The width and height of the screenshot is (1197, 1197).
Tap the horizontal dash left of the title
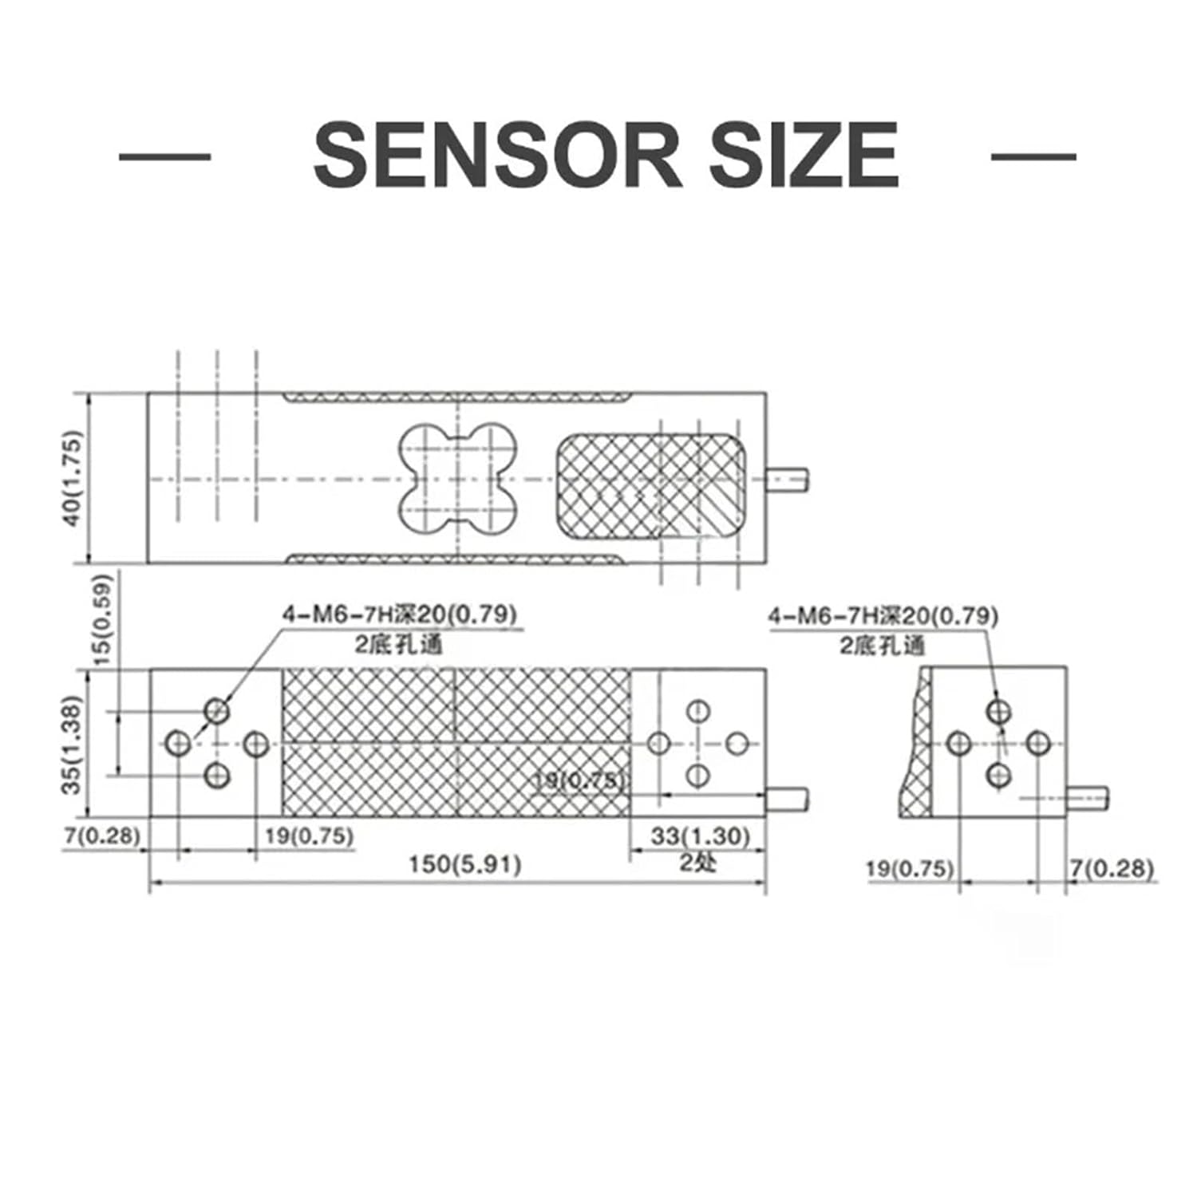(164, 156)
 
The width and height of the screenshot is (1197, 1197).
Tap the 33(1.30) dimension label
(701, 836)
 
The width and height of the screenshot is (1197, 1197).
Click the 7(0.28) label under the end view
(1112, 868)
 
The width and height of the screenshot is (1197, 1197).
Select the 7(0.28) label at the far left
(102, 836)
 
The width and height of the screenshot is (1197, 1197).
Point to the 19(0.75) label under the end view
(911, 868)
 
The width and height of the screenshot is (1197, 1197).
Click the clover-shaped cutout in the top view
(457, 479)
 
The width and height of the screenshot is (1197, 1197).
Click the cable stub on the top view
(788, 479)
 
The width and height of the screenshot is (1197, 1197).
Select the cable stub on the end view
(1087, 797)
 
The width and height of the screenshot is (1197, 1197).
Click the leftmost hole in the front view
(179, 744)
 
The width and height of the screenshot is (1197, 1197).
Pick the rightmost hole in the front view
(737, 744)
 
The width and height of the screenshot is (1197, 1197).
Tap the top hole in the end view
(998, 710)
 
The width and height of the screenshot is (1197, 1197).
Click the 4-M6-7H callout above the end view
(883, 616)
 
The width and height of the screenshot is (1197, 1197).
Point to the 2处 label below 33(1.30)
(698, 862)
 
